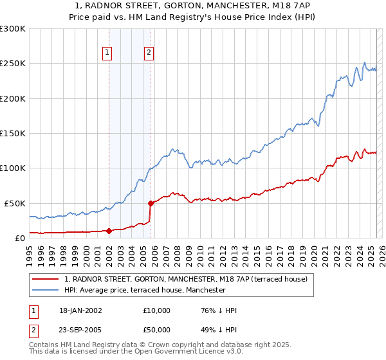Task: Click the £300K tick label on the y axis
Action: pos(13,29)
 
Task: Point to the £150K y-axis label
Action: pos(13,134)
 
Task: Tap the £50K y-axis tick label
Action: pos(15,203)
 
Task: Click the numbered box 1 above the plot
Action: pos(107,53)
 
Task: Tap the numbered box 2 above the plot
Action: pos(149,53)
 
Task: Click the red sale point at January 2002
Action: pos(109,231)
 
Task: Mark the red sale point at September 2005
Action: pos(151,203)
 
